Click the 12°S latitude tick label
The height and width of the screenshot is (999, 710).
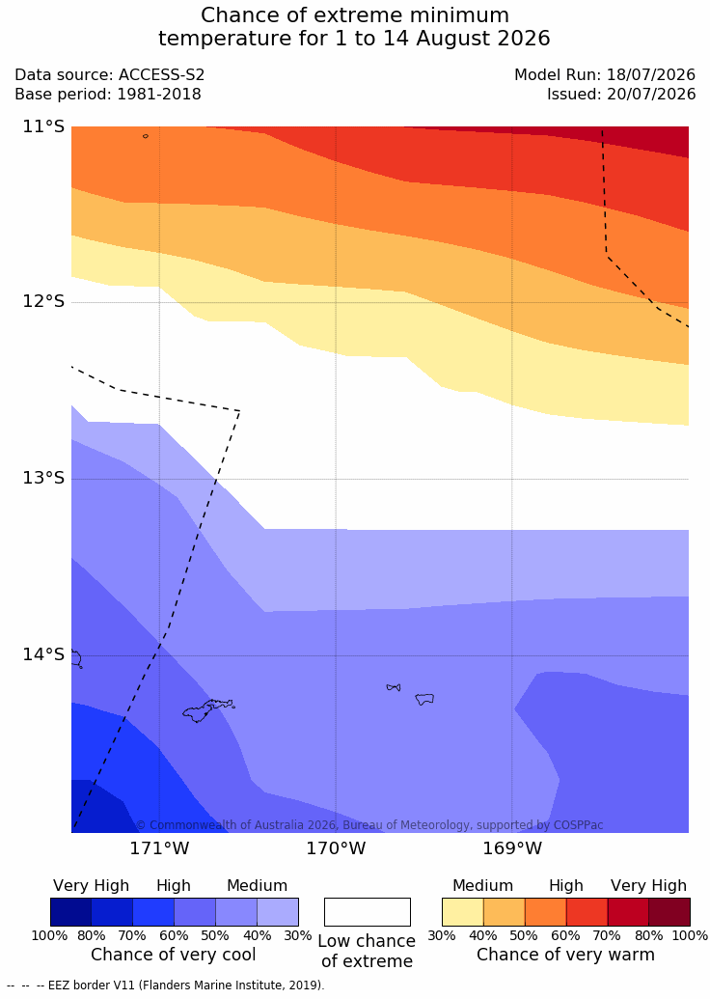click(44, 301)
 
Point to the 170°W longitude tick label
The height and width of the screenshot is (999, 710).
click(337, 848)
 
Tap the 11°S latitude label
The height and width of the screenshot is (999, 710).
click(44, 126)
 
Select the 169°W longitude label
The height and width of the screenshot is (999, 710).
click(512, 848)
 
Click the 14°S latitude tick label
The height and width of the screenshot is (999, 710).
click(44, 654)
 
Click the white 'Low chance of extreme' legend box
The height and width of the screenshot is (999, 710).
click(368, 912)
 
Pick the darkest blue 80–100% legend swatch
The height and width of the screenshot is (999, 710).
click(70, 912)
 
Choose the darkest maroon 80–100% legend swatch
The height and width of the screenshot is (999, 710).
click(669, 912)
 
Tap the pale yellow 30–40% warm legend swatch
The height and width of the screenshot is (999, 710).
click(462, 912)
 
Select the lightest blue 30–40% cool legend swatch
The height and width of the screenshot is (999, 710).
click(278, 912)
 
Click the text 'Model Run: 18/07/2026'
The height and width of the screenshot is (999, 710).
click(605, 74)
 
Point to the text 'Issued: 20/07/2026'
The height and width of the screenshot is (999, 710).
click(621, 95)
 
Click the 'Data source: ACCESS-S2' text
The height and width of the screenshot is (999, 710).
click(110, 74)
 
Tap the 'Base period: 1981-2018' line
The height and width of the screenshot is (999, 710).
click(108, 95)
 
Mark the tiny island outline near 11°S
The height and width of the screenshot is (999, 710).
click(146, 136)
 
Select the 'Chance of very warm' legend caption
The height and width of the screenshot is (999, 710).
click(565, 955)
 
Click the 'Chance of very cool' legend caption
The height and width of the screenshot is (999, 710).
click(174, 955)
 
